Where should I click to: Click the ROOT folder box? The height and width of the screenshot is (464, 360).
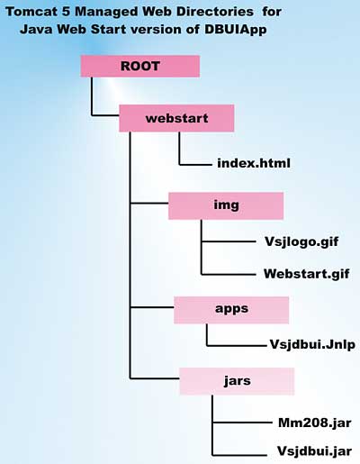pos(140,66)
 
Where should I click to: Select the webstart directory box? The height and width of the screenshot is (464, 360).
pos(176,118)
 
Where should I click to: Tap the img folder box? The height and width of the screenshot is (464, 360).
pos(226,205)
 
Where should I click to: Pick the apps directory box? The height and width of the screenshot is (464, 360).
pos(231,310)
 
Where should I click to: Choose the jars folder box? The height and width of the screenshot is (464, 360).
pos(237,381)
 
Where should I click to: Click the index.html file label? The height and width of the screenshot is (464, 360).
pos(254,163)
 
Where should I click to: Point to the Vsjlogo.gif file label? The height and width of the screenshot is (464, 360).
pos(301,242)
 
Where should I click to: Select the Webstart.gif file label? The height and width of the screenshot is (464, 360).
pos(306,274)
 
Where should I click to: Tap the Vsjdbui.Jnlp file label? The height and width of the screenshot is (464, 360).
pos(312,345)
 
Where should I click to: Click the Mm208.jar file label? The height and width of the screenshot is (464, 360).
pos(315,423)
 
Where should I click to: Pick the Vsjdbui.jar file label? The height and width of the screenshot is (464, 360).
pos(314,451)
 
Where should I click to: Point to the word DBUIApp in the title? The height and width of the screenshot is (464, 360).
pos(236,30)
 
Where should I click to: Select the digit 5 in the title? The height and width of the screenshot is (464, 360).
pos(66,12)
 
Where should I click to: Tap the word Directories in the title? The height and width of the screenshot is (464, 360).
pos(215,12)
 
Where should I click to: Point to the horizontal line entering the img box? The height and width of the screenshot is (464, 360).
pos(149,204)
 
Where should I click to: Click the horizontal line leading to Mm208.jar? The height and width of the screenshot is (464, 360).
pos(242,423)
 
